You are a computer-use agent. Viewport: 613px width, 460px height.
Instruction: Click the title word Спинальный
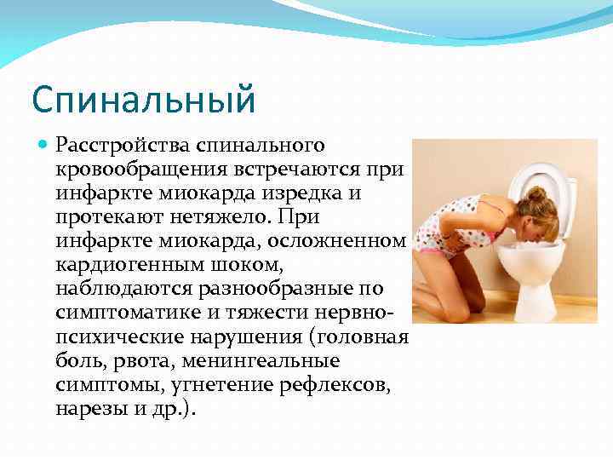(143, 101)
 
